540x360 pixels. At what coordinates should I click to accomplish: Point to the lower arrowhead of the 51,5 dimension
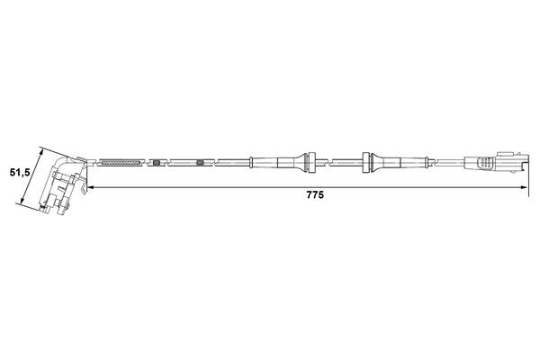point(24,204)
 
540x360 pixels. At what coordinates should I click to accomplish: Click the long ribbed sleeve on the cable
point(120,163)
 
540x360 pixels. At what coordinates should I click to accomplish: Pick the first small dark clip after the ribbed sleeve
point(157,163)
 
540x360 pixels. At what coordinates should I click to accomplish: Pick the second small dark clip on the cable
point(200,163)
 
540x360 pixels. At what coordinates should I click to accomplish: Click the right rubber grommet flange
point(366,162)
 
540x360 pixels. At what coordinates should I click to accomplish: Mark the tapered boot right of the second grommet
point(389,162)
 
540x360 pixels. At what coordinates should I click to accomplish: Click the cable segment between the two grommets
point(340,162)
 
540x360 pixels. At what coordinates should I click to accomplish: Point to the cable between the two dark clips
point(178,163)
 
